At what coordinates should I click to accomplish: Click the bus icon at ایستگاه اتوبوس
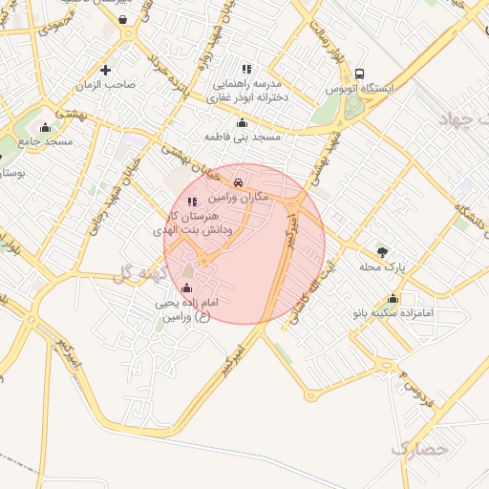[x=359, y=74]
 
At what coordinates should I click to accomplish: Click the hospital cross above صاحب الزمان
[x=105, y=69]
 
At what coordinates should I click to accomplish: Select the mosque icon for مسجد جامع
[x=45, y=127]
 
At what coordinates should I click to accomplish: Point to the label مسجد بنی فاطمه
[x=243, y=137]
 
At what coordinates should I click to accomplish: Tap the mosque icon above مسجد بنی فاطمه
[x=242, y=122]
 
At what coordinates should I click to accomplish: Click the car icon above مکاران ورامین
[x=238, y=181]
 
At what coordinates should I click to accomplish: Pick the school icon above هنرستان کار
[x=192, y=202]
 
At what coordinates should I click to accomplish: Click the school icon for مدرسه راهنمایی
[x=246, y=69]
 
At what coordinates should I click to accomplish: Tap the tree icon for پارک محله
[x=383, y=252]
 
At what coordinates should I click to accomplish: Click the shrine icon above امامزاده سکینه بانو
[x=393, y=299]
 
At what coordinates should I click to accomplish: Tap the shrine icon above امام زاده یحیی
[x=186, y=287]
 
